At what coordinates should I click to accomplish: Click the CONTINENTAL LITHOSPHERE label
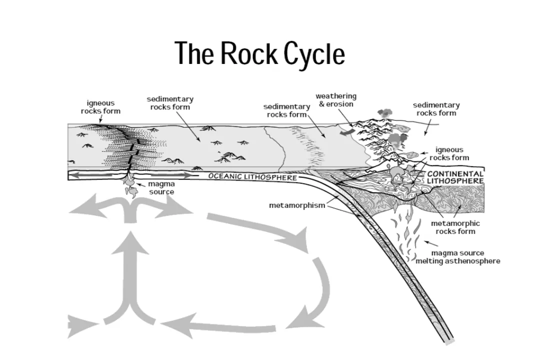click(455, 177)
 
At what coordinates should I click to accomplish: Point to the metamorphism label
click(289, 205)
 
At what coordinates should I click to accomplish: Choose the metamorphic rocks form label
click(455, 227)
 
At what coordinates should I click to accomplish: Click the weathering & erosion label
click(335, 100)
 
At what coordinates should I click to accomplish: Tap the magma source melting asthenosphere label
click(457, 257)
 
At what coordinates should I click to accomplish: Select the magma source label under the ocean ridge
click(161, 188)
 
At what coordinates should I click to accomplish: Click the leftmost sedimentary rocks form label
click(169, 103)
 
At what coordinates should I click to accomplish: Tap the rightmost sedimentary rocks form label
click(436, 109)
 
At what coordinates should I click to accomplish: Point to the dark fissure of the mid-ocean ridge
click(131, 150)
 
